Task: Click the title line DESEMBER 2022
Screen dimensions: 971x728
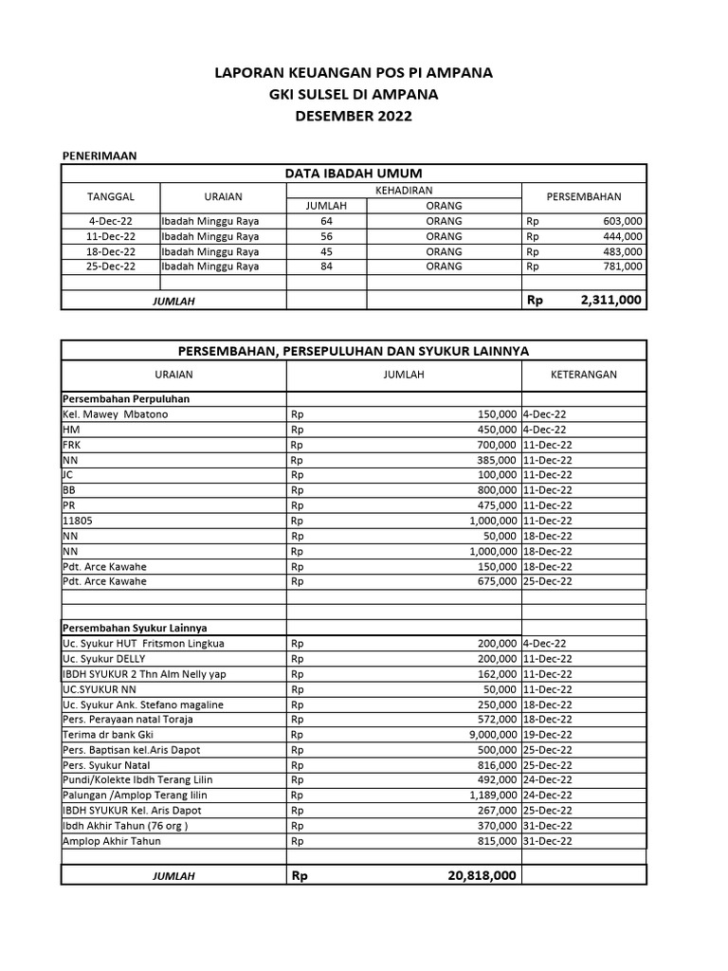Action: (354, 117)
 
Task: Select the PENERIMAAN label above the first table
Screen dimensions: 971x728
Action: (100, 155)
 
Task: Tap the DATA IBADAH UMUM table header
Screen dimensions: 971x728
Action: (354, 173)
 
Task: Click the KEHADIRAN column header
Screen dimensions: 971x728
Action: (404, 191)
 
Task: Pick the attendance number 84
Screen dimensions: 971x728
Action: (326, 266)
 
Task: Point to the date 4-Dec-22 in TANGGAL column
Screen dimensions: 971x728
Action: (111, 221)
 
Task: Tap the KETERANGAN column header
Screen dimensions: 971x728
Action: (583, 375)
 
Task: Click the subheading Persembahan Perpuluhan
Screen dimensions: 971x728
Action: (125, 399)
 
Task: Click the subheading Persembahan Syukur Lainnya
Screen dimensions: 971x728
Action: (135, 628)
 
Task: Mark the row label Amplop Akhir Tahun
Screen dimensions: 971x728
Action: (112, 841)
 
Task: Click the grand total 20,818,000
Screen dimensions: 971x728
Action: (482, 876)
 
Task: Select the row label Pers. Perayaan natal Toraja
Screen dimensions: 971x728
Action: (127, 720)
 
